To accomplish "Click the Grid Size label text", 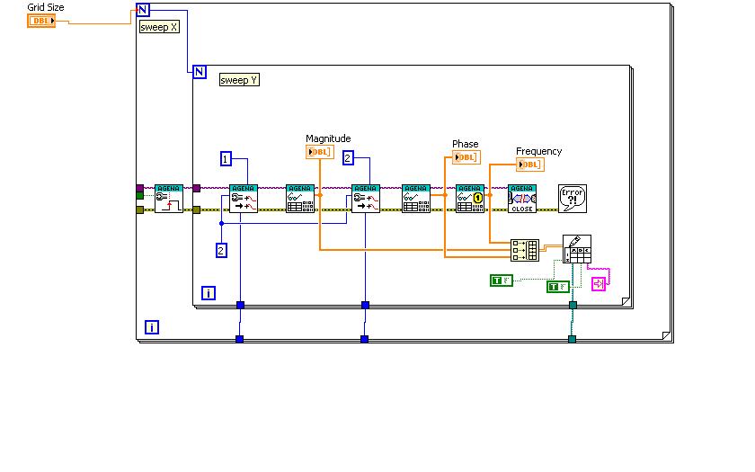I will click(x=46, y=7).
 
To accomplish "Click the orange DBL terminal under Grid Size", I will click(x=41, y=20).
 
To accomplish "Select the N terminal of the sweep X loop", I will click(x=143, y=11).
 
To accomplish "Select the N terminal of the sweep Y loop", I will click(x=200, y=72).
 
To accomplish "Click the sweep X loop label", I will click(x=159, y=27).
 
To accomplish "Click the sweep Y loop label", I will click(x=239, y=80).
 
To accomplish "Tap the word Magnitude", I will click(x=328, y=138).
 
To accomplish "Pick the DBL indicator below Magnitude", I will click(x=320, y=152).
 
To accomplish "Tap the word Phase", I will click(x=466, y=144).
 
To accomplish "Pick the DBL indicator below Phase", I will click(x=466, y=157).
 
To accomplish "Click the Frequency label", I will click(x=538, y=151).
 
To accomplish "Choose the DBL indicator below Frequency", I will click(x=530, y=165).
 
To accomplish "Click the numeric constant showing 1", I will click(x=226, y=158).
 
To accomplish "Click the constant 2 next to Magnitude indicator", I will click(x=348, y=158).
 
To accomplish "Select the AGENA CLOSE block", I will click(x=521, y=198).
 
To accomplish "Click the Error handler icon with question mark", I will click(x=573, y=198).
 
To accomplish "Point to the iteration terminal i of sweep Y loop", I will click(x=208, y=293).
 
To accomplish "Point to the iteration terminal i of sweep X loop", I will click(x=151, y=327).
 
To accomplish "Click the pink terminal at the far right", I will click(x=599, y=283).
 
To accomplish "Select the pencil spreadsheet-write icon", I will click(x=577, y=248).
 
